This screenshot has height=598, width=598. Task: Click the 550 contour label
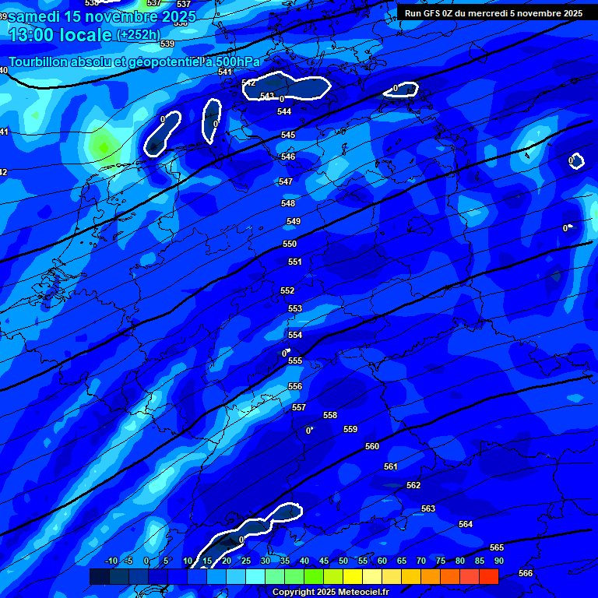[x=290, y=244]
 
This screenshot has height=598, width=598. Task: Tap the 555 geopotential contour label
[x=295, y=361]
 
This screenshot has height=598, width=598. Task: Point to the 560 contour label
[x=372, y=446]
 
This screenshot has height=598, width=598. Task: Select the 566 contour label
[x=526, y=573]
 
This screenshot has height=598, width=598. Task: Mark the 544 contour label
[x=284, y=111]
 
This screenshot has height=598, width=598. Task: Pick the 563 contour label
[x=428, y=508]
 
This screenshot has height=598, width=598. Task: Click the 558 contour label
[x=330, y=415]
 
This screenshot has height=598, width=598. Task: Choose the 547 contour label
[x=286, y=181]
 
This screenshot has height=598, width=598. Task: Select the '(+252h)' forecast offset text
[x=138, y=35]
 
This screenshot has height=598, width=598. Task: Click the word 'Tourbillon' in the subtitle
[x=41, y=62]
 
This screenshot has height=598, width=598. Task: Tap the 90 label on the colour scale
[x=498, y=561]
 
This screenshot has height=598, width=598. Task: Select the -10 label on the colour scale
[x=111, y=561]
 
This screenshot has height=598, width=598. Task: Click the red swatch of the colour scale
[x=488, y=576]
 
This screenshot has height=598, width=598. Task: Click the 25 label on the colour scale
[x=245, y=561]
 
